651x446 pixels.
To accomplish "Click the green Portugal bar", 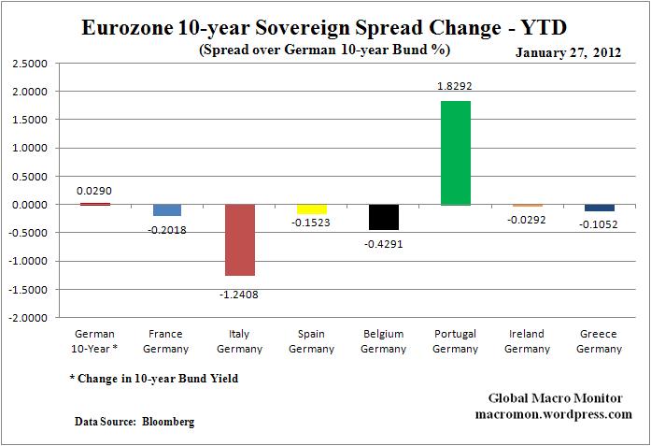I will tap(456, 152).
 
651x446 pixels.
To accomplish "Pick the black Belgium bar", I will tap(384, 217).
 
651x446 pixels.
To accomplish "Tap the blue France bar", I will tap(167, 209).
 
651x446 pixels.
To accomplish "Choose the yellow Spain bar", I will tap(311, 209).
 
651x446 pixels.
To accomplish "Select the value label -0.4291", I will tap(384, 243).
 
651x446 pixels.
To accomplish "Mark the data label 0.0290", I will tap(94, 190).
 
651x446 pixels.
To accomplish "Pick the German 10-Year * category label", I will tap(94, 341).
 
